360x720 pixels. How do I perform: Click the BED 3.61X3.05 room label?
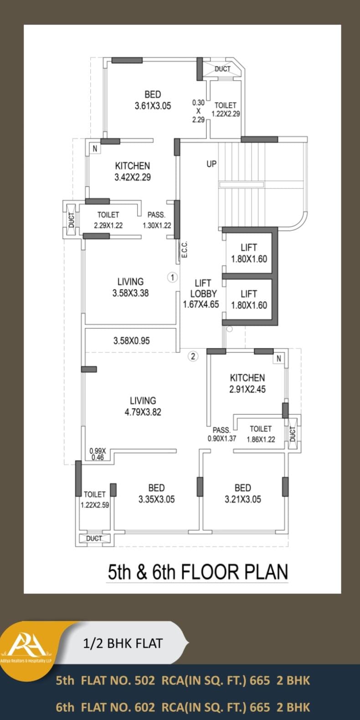[x=153, y=100]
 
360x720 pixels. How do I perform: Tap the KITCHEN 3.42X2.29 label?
[x=133, y=171]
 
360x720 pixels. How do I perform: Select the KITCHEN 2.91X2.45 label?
[x=247, y=383]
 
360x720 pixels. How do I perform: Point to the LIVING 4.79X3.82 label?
[x=143, y=406]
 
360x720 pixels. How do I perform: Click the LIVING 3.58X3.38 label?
[x=130, y=287]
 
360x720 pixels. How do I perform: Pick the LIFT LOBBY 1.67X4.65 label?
[x=201, y=293]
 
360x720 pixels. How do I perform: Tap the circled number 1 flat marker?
[x=172, y=277]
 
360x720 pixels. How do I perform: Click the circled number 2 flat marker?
[x=193, y=356]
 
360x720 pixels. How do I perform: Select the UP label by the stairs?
[x=211, y=164]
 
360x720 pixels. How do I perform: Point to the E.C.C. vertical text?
[x=185, y=250]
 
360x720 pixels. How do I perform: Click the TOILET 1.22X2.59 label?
[x=95, y=500]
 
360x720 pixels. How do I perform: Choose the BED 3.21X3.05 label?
[x=243, y=494]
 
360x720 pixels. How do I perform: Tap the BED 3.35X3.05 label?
[x=157, y=494]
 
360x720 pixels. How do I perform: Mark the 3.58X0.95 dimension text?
[x=132, y=341]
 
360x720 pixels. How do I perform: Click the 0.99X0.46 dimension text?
[x=98, y=454]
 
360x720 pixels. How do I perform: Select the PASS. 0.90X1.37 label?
[x=221, y=434]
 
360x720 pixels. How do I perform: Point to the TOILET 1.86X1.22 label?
[x=261, y=434]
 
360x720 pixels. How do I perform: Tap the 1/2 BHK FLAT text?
[x=123, y=643]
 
